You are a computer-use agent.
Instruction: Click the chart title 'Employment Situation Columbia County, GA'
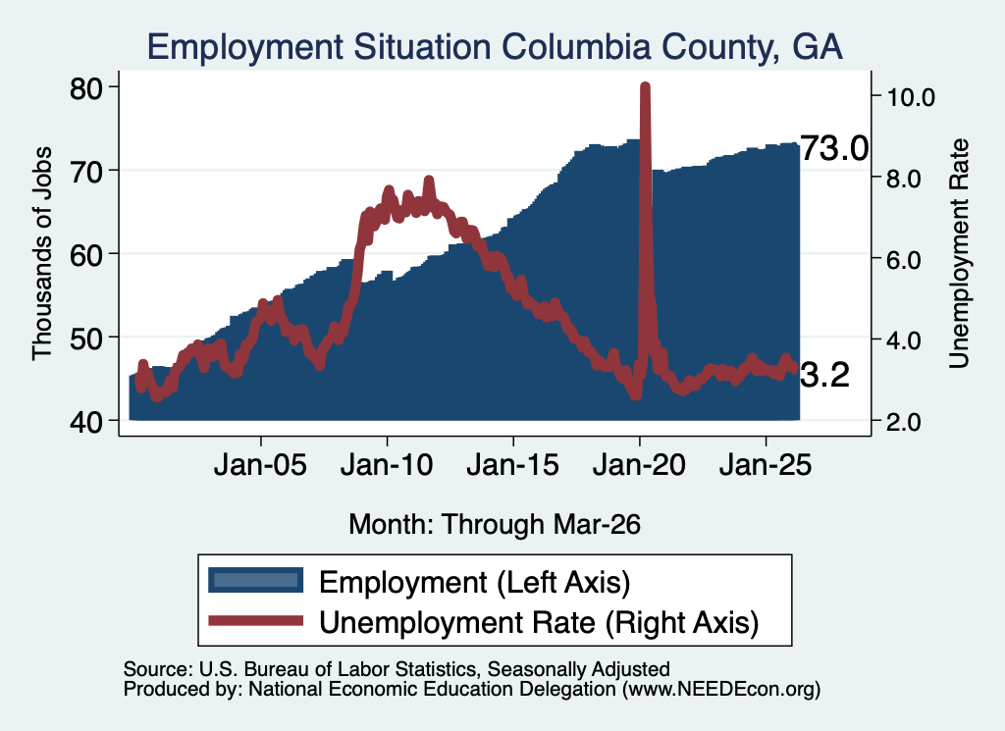(x=495, y=47)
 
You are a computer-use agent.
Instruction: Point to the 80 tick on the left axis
(x=86, y=88)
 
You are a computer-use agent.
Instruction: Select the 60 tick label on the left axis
(x=86, y=255)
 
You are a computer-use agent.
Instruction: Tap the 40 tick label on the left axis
(x=86, y=422)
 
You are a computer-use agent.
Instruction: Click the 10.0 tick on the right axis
(x=911, y=97)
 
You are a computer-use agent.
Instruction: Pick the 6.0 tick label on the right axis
(x=904, y=260)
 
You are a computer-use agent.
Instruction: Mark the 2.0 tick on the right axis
(x=904, y=422)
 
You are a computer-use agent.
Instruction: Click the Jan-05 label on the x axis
(x=260, y=464)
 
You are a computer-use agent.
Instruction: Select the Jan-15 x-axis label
(x=512, y=464)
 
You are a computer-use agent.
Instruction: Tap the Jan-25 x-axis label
(x=766, y=464)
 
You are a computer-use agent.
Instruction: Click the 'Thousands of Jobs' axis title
(x=41, y=254)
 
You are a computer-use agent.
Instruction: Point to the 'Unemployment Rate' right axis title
(x=958, y=254)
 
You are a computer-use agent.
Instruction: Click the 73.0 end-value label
(x=834, y=148)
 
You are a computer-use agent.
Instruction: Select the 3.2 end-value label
(x=824, y=375)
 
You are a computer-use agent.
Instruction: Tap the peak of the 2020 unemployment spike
(x=645, y=86)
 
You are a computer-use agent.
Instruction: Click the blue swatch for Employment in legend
(x=256, y=580)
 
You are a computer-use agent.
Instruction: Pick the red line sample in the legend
(x=256, y=620)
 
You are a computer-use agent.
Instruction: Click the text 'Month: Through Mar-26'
(x=495, y=524)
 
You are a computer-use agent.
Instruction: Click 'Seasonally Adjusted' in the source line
(x=579, y=669)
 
